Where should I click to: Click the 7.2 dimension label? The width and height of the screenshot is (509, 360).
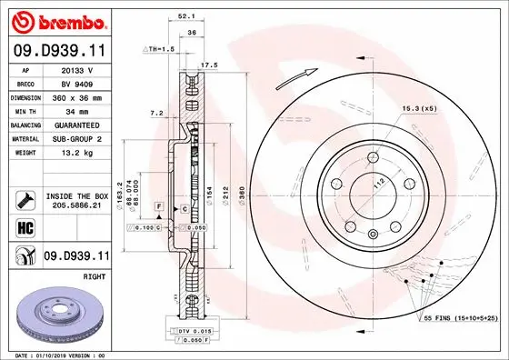click(x=155, y=114)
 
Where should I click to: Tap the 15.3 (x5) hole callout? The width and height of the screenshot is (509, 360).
click(x=419, y=110)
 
